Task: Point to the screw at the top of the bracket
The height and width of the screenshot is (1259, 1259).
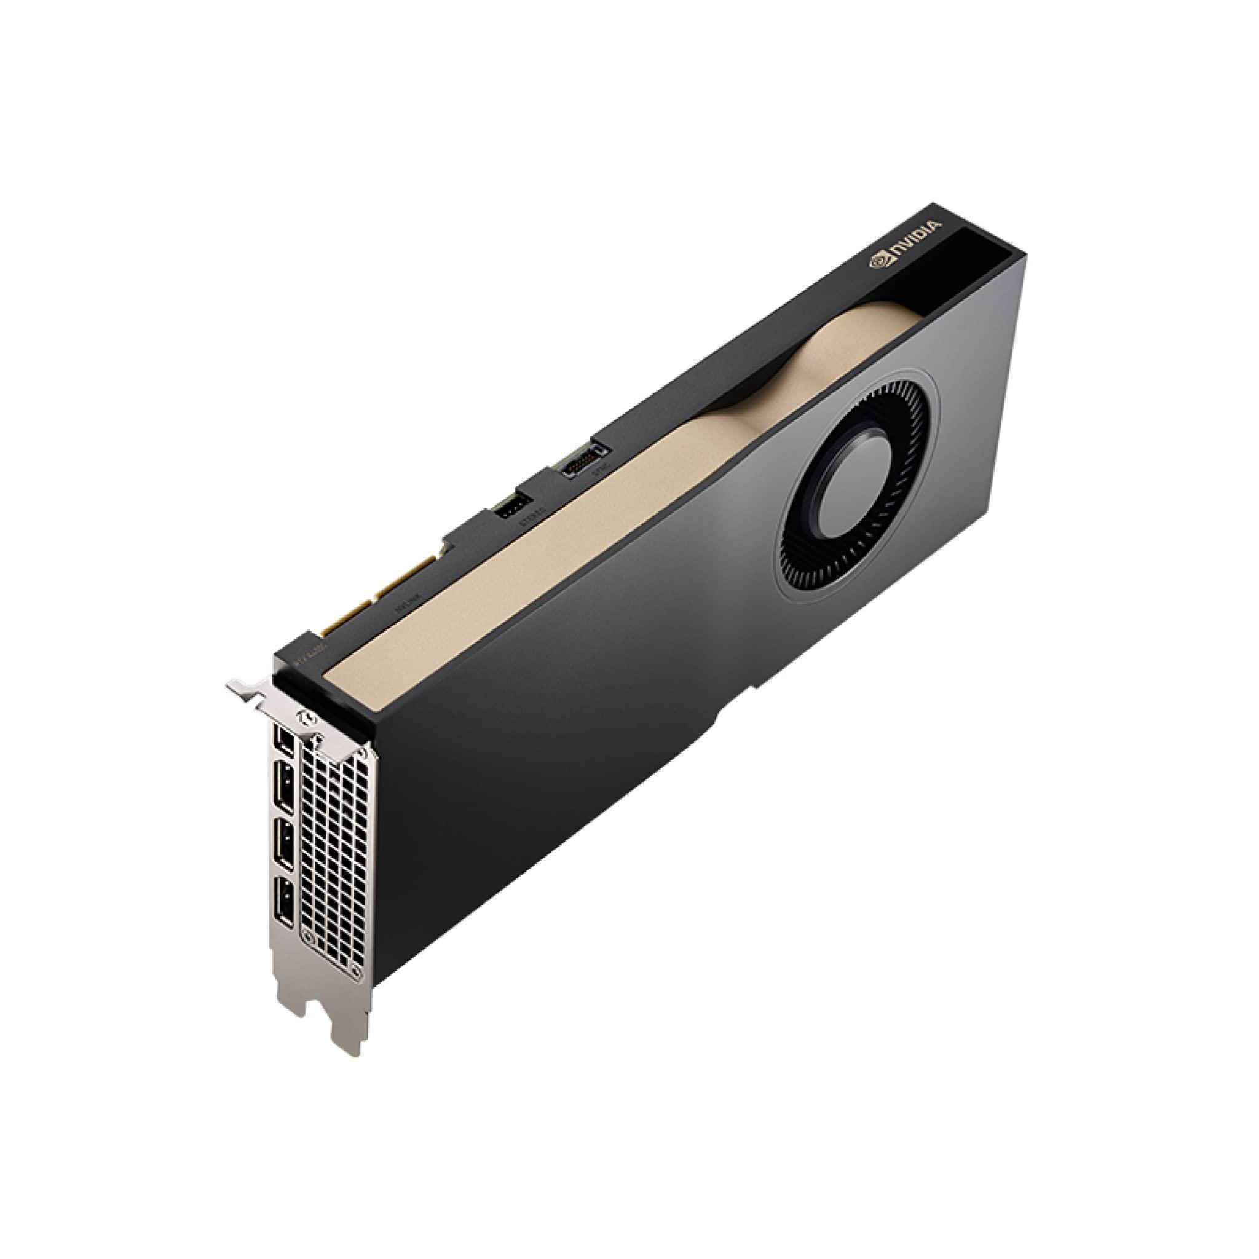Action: pyautogui.click(x=304, y=716)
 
